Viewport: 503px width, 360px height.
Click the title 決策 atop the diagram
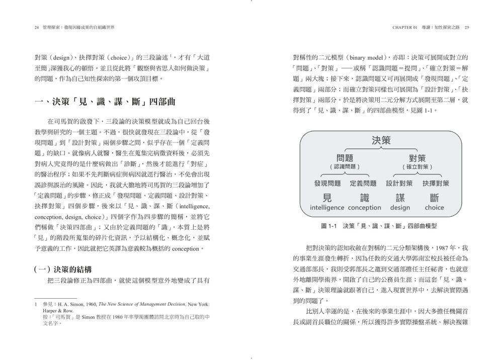click(x=381, y=141)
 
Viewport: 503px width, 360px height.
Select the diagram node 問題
click(x=345, y=158)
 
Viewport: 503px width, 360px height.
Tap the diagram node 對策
click(x=417, y=158)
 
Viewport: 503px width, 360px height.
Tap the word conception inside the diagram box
click(x=365, y=208)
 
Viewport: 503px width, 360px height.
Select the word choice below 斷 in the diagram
click(x=435, y=208)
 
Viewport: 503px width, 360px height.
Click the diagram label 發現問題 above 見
click(x=327, y=183)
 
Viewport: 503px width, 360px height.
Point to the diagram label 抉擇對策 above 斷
click(x=436, y=183)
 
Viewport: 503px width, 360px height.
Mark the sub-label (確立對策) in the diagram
click(x=417, y=166)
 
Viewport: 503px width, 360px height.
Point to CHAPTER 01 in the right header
click(x=405, y=28)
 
